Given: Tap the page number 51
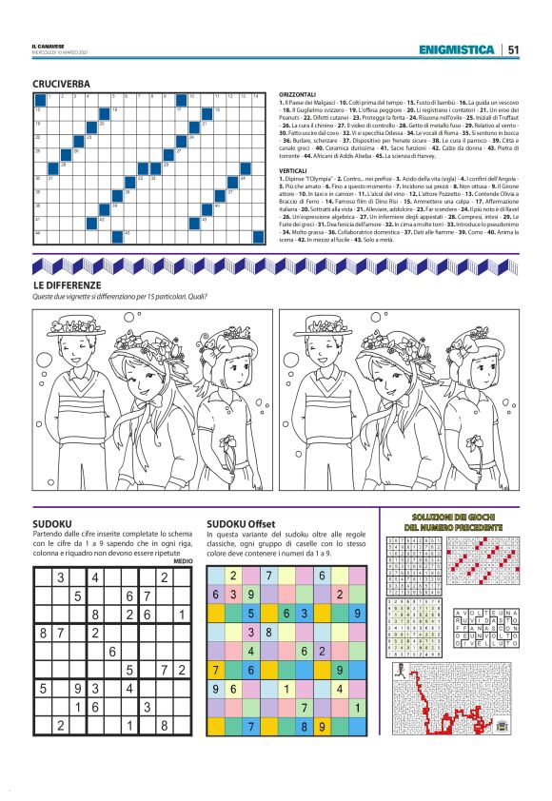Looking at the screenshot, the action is click(514, 50).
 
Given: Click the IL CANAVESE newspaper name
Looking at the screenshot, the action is click(48, 45).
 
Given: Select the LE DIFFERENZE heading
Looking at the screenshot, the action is click(66, 284).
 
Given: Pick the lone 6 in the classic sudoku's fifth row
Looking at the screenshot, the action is click(112, 651).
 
